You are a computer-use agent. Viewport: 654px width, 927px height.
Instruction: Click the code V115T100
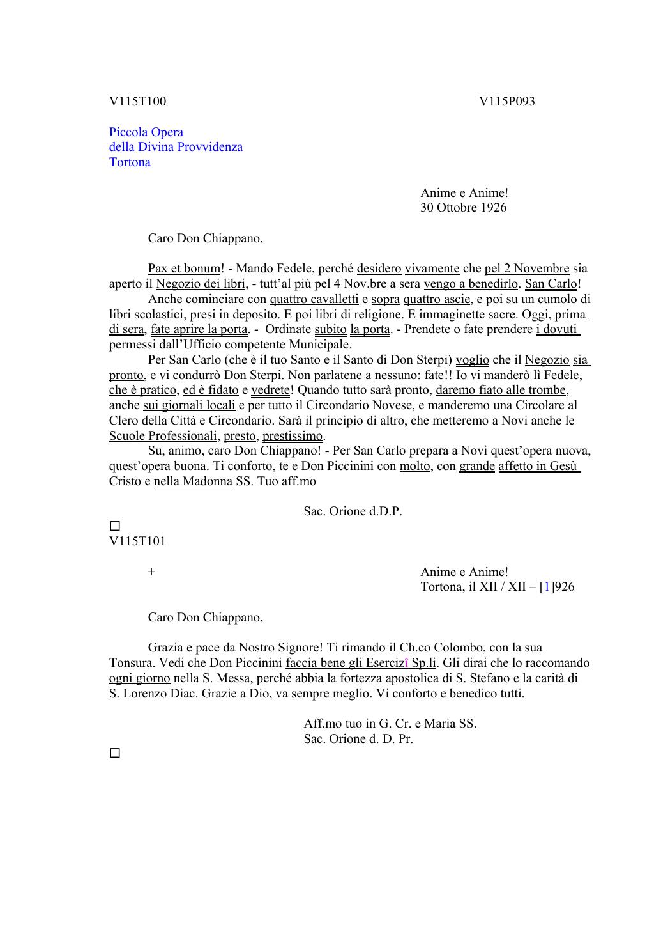tap(137, 101)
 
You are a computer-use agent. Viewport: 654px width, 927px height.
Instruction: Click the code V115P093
tap(507, 101)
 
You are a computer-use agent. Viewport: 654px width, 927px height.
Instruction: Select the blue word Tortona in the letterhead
tap(130, 162)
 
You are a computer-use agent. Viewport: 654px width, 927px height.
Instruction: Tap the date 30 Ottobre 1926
tap(463, 207)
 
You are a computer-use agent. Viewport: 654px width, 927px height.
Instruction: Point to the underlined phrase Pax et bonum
tap(184, 269)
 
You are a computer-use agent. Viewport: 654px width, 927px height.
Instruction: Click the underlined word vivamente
tap(432, 269)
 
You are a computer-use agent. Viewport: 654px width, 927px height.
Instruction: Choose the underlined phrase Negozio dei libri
tap(201, 284)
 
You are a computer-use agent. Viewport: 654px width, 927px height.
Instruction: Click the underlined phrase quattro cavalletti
tap(314, 299)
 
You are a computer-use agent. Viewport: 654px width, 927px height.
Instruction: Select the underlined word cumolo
tap(557, 299)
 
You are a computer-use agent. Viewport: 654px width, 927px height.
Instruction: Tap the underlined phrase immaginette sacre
tap(467, 315)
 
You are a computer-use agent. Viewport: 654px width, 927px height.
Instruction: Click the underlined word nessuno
tap(395, 375)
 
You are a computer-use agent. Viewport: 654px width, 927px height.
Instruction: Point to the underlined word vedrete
tap(270, 391)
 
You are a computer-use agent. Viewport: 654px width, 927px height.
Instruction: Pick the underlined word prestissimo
tap(293, 436)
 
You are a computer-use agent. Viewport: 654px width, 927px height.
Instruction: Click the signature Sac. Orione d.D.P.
tap(353, 511)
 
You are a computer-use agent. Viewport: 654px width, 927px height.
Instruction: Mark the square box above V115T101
tap(115, 526)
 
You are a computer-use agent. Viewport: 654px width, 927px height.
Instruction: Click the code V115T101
tap(137, 541)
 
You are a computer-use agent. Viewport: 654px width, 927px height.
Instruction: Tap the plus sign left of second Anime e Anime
tap(151, 572)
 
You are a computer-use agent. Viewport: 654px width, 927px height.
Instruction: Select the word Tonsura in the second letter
tap(131, 663)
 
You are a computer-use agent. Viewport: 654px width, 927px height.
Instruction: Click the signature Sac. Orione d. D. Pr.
tap(358, 739)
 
